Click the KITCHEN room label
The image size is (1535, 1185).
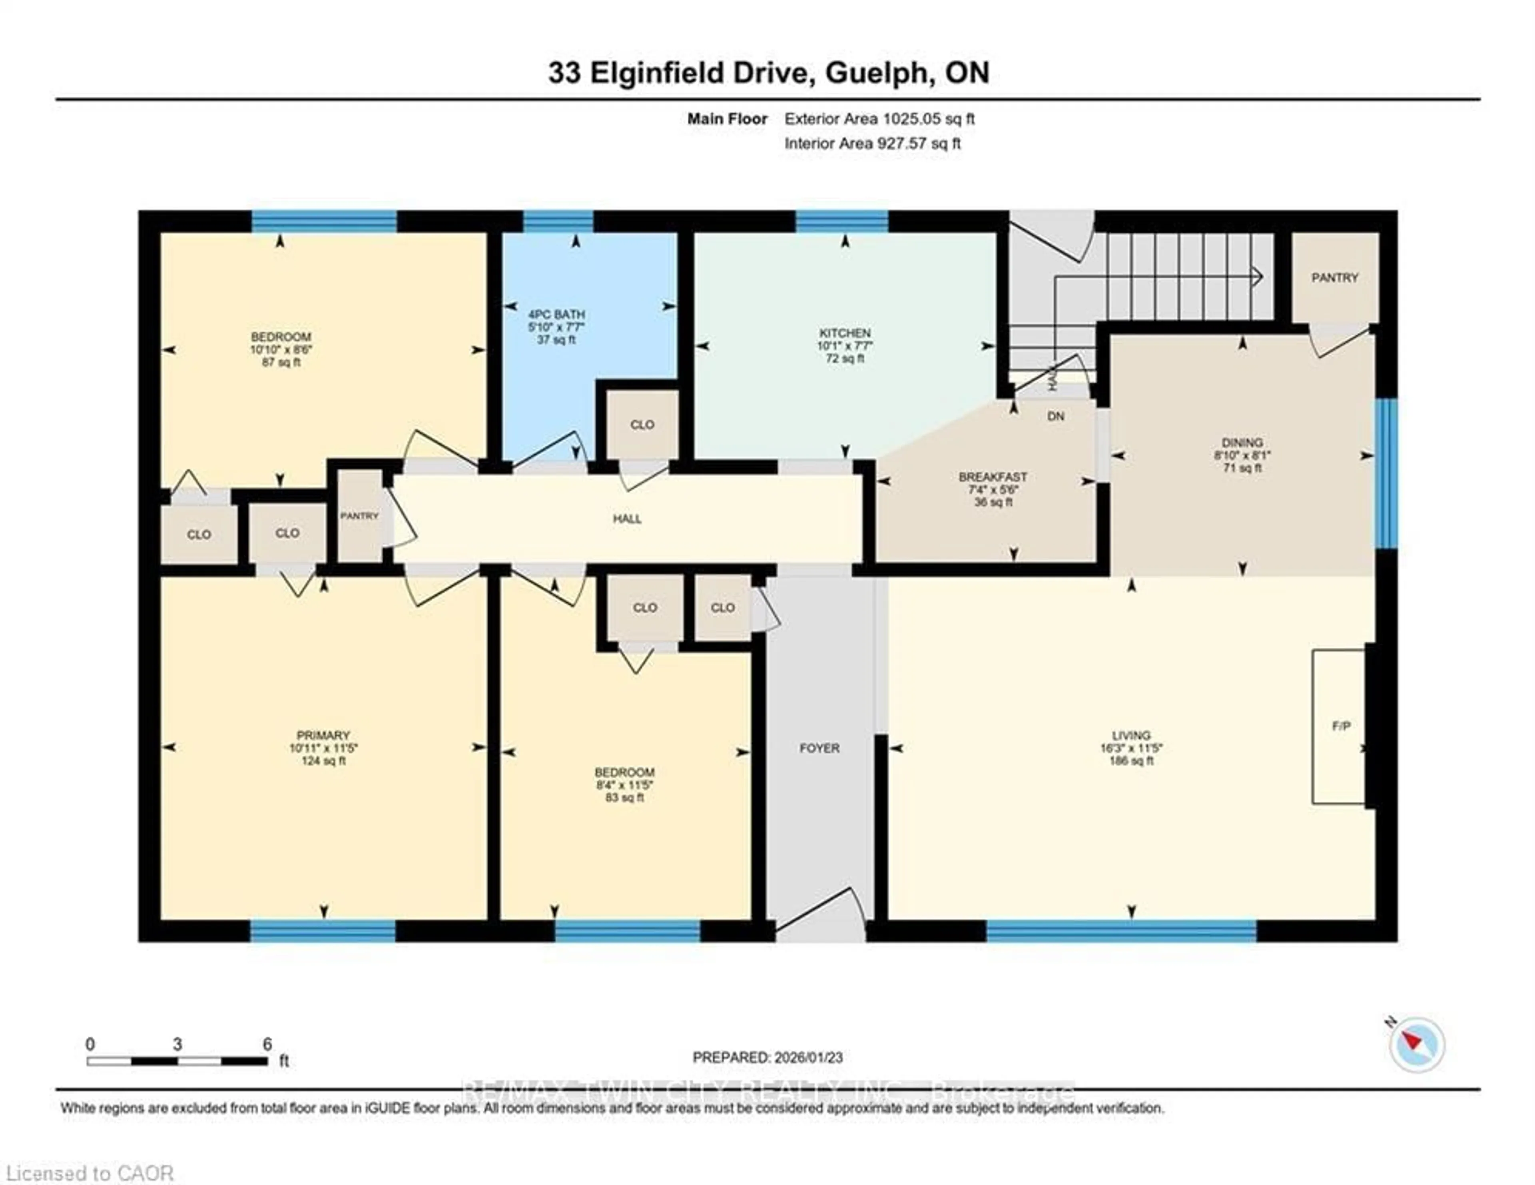pos(844,333)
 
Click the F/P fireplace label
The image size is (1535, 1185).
pos(1341,726)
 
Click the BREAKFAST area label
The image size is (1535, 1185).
pos(993,477)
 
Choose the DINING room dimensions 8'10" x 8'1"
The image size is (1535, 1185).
pos(1242,455)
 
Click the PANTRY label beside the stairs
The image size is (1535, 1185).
pos(1334,277)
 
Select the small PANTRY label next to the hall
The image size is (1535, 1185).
pos(359,515)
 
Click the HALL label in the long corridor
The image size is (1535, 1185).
pos(626,519)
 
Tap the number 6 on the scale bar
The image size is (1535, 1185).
pos(267,1044)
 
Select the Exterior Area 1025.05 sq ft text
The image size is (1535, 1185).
pos(879,119)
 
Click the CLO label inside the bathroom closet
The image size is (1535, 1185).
pos(642,425)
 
